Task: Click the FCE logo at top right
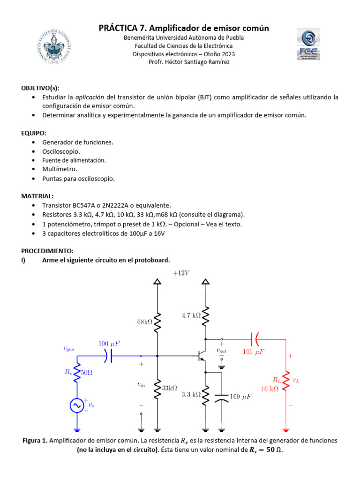(x=308, y=44)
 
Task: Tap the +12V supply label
(x=181, y=273)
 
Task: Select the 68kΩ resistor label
(x=145, y=322)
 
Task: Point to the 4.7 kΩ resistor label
(x=191, y=315)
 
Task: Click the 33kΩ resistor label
(x=169, y=388)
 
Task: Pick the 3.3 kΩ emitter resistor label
(x=191, y=395)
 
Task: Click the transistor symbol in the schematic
(x=202, y=356)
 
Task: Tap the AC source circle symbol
(x=77, y=405)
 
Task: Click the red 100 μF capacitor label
(x=254, y=351)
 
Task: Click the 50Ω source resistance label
(x=87, y=373)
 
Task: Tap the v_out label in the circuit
(x=221, y=350)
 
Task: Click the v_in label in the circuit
(x=141, y=384)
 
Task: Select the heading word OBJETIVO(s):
(x=40, y=88)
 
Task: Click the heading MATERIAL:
(x=37, y=196)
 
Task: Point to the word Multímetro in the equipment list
(x=60, y=169)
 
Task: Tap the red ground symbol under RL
(x=285, y=428)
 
